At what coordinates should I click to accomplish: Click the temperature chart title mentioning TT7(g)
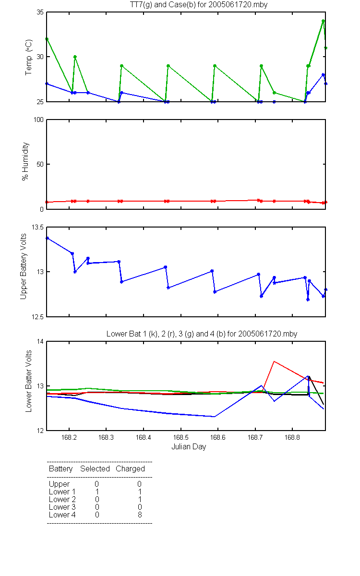pyautogui.click(x=199, y=5)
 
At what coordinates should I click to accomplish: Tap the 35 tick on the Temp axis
pyautogui.click(x=40, y=12)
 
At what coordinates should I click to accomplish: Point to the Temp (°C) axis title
pyautogui.click(x=28, y=57)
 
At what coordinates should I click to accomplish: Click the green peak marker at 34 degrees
pyautogui.click(x=323, y=21)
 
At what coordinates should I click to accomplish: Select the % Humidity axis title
pyautogui.click(x=25, y=161)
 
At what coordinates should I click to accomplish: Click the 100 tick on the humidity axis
pyautogui.click(x=38, y=120)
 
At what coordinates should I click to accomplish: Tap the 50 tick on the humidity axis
pyautogui.click(x=40, y=164)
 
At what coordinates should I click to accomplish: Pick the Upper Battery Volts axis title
pyautogui.click(x=24, y=266)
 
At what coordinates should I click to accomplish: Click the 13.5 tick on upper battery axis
pyautogui.click(x=37, y=228)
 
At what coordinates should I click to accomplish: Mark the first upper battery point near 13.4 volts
pyautogui.click(x=48, y=239)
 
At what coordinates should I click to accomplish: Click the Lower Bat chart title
pyautogui.click(x=202, y=334)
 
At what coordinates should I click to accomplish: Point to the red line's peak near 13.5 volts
pyautogui.click(x=274, y=361)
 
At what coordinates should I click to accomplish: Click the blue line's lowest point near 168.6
pyautogui.click(x=214, y=417)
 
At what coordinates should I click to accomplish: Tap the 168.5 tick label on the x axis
pyautogui.click(x=181, y=437)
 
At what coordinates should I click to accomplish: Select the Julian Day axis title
pyautogui.click(x=189, y=447)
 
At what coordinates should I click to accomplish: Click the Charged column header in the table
pyautogui.click(x=131, y=468)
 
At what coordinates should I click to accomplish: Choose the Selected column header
pyautogui.click(x=95, y=468)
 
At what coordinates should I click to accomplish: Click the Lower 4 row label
pyautogui.click(x=62, y=515)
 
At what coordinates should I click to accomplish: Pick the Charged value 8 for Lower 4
pyautogui.click(x=140, y=515)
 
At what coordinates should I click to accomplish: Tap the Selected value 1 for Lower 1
pyautogui.click(x=97, y=492)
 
